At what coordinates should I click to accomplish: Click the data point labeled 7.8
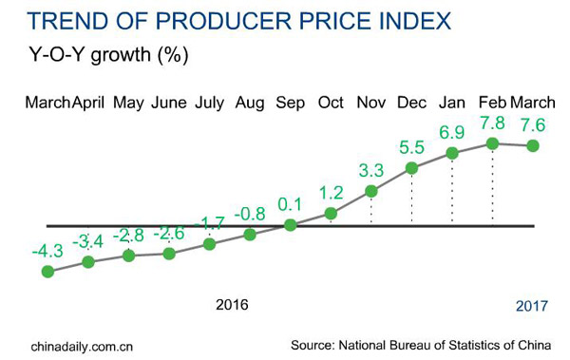492,143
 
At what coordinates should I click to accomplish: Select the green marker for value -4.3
47,272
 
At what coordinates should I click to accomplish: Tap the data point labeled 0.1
291,225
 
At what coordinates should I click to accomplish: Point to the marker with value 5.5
411,169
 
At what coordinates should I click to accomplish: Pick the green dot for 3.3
371,192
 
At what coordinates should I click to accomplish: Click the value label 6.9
452,130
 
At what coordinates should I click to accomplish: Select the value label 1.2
331,192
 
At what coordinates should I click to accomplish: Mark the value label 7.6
532,124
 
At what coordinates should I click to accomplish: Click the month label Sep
291,102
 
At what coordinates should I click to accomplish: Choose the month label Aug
250,102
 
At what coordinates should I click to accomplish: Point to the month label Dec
411,102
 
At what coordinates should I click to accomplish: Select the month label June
168,102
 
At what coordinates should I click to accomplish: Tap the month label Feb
491,102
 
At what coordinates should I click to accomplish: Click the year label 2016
232,305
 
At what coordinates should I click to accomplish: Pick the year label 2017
532,306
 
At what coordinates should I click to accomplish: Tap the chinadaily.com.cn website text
82,344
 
